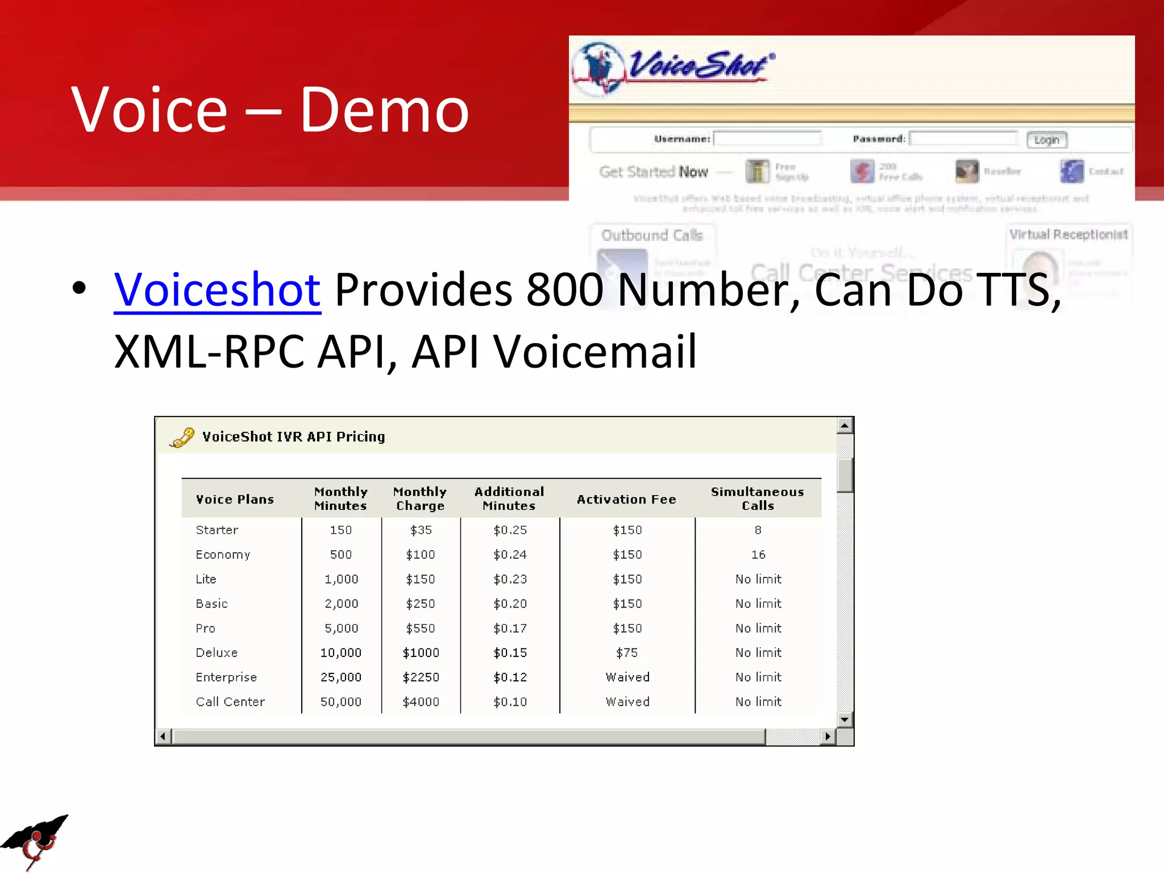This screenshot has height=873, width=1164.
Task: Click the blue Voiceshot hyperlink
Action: point(217,290)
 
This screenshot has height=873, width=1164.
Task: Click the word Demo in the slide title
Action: point(384,110)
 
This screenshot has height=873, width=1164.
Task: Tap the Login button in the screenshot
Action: point(1046,140)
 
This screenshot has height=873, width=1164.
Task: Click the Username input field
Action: point(767,139)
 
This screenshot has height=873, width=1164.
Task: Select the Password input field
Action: point(963,139)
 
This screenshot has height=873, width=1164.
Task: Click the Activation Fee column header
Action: point(626,500)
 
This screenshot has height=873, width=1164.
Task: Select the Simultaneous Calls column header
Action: point(758,498)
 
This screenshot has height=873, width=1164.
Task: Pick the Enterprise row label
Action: point(226,677)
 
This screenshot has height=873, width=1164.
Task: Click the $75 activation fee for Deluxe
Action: point(627,653)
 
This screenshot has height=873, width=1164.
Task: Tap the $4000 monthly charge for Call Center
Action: point(421,702)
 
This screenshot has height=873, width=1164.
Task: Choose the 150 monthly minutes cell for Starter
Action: point(341,530)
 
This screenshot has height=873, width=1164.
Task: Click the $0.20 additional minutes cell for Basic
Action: point(510,604)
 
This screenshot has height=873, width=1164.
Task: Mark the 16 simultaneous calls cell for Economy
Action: point(758,555)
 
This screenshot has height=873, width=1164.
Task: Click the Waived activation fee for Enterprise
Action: point(627,677)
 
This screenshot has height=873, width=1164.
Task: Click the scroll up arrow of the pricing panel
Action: point(845,426)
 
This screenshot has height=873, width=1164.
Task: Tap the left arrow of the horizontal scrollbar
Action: point(163,737)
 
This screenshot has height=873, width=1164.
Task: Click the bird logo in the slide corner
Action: point(35,841)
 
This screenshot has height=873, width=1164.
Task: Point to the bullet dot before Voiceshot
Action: point(80,288)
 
